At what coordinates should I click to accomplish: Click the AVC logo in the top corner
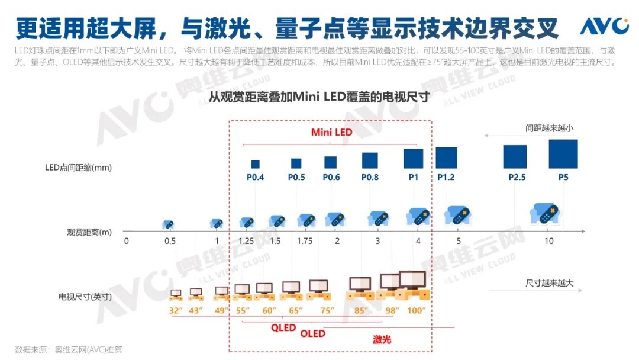point(603,26)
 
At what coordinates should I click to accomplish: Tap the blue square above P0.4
point(255,164)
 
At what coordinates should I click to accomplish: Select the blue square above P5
point(563,154)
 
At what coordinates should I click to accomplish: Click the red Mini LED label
point(331,132)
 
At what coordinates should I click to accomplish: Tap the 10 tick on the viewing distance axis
point(549,241)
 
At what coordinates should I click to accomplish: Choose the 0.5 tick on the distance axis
point(170,241)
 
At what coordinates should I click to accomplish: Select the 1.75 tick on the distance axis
point(305,241)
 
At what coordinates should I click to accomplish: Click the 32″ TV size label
point(175,310)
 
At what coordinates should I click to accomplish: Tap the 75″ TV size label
point(327,310)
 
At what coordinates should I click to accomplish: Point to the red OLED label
point(312,333)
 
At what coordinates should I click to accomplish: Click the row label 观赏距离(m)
point(89,232)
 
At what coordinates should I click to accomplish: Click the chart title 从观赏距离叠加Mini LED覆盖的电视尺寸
point(319,96)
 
